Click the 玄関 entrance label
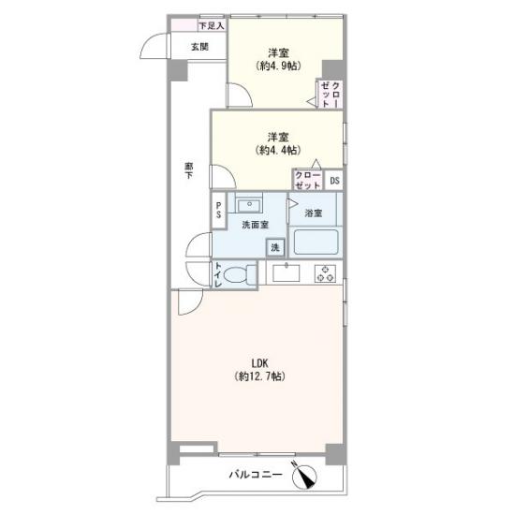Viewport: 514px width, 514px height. point(199,47)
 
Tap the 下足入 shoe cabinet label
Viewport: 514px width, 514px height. point(212,25)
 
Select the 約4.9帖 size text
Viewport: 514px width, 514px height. point(278,66)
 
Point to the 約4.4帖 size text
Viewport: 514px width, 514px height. point(278,150)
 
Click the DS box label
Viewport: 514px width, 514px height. point(334,181)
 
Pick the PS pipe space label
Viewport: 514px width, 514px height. point(218,210)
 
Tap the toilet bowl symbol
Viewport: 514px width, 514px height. point(241,274)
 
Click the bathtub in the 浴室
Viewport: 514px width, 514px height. point(316,242)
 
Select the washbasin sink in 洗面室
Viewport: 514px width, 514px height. point(249,205)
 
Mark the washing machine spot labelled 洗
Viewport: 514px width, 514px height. point(275,247)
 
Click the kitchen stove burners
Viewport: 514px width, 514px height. point(325,273)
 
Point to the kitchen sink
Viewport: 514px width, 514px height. point(286,272)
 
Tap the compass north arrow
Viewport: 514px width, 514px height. point(304,475)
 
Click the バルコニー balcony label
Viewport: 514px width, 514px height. point(256,475)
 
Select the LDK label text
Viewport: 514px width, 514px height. point(260,363)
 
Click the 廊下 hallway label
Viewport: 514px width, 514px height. point(188,170)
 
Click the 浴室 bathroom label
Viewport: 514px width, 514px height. point(314,213)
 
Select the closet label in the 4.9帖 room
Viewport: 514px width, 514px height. point(330,95)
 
